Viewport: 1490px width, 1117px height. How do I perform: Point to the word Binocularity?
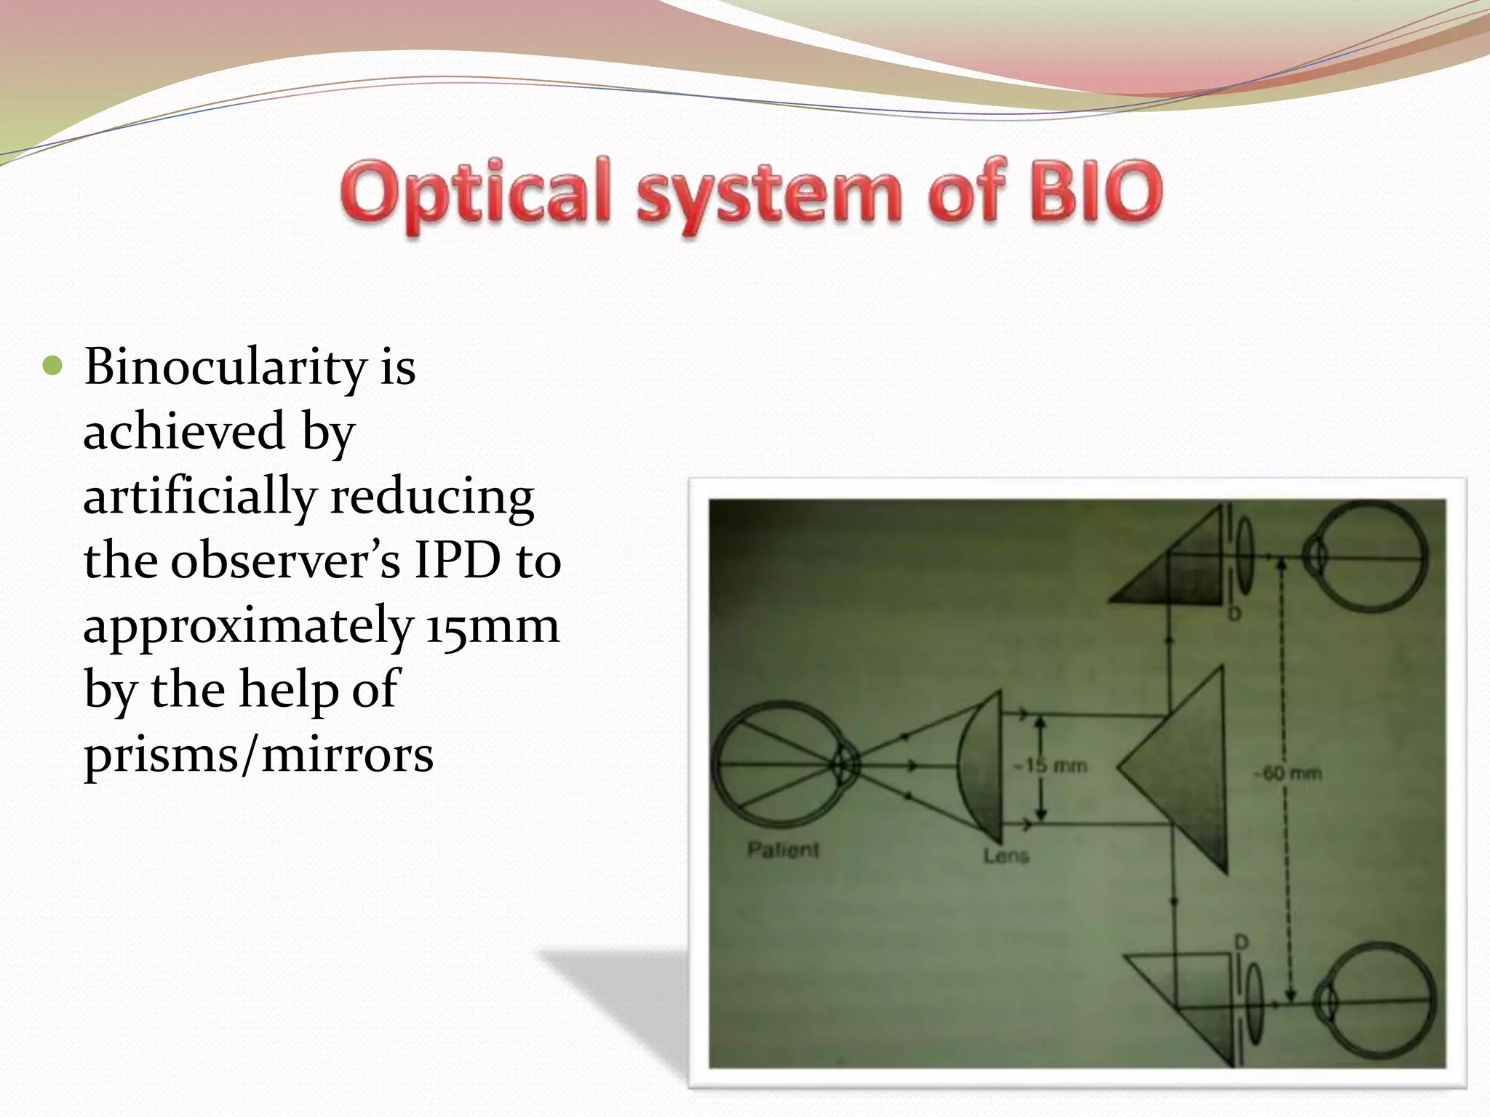(x=225, y=367)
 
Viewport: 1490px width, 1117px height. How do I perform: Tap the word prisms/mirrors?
(x=258, y=754)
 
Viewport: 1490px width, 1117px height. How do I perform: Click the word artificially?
(x=199, y=497)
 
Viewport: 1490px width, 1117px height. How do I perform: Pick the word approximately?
(x=248, y=625)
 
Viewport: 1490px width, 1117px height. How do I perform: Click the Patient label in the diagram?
(x=783, y=849)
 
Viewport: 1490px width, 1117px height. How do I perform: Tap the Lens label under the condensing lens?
(x=1006, y=856)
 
